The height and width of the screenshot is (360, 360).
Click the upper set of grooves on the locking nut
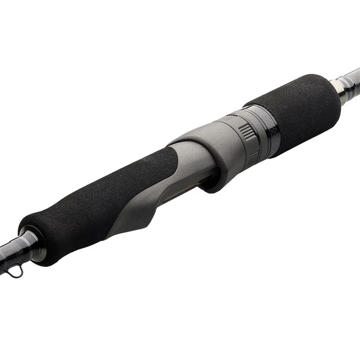coord(246,130)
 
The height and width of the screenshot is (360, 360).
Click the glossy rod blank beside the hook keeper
coord(9,252)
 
